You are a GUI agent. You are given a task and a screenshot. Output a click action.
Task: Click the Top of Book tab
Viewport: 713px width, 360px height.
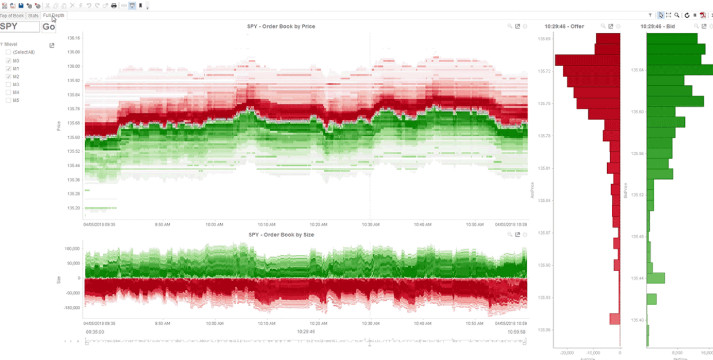[x=12, y=16]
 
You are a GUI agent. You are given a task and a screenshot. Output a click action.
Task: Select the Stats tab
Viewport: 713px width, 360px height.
[x=33, y=16]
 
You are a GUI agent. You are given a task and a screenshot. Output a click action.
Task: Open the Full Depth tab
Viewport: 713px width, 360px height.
[x=53, y=16]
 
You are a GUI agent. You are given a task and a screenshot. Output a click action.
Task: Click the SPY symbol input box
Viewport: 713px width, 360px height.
[x=20, y=26]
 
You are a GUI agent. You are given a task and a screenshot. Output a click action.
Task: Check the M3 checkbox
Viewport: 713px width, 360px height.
[x=9, y=85]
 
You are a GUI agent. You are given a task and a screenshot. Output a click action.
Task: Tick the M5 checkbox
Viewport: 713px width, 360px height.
[x=9, y=100]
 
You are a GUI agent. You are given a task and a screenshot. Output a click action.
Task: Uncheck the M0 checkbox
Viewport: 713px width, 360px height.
[x=9, y=60]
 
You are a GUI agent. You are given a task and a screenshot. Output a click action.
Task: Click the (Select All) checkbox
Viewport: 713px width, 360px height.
[x=9, y=52]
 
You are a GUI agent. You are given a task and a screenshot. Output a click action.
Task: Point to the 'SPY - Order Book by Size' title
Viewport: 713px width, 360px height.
[x=281, y=235]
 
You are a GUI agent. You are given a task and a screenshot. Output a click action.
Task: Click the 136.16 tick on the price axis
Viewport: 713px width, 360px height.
[x=74, y=38]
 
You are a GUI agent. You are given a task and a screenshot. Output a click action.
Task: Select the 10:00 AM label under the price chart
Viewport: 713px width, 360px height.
[x=214, y=225]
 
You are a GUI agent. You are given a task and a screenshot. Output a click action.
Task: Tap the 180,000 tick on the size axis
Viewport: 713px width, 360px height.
[x=72, y=249]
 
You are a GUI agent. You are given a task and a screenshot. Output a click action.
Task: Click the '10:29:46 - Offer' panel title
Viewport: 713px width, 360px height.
[x=569, y=26]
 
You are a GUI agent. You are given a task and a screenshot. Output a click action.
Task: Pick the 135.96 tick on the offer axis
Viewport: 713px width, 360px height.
[x=544, y=330]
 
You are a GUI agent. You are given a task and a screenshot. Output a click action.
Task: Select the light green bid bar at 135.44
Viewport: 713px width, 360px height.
[x=655, y=278]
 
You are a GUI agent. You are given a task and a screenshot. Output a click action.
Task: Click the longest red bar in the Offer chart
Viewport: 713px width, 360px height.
[x=587, y=60]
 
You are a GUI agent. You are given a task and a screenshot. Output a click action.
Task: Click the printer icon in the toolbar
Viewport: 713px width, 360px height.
[x=114, y=6]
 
